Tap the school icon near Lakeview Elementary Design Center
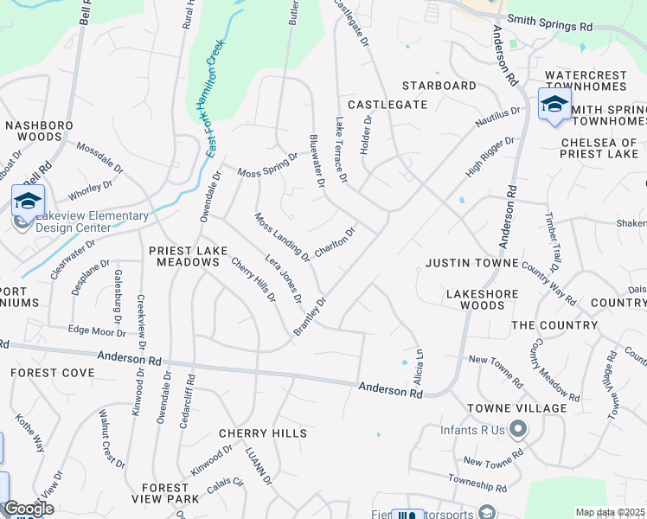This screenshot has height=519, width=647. tap(28, 201)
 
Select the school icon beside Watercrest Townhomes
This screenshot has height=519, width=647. tap(554, 105)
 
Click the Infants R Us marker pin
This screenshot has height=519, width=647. tap(518, 427)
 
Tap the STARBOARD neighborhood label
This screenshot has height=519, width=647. tap(439, 86)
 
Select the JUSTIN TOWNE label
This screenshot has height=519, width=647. tap(471, 262)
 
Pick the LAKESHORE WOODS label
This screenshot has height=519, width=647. tap(482, 299)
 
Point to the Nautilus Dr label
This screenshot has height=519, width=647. tap(497, 119)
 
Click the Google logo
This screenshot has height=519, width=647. tap(28, 509)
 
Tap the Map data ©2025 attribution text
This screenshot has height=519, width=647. tap(611, 512)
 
